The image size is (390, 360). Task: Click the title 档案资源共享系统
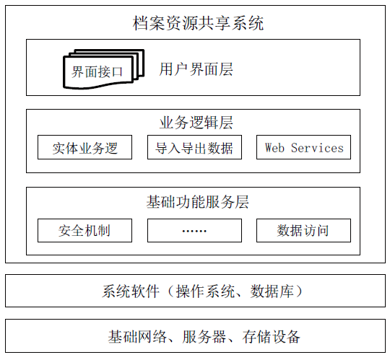tap(198, 23)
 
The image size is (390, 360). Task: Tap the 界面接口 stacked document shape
tap(104, 69)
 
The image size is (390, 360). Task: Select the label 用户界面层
tap(196, 69)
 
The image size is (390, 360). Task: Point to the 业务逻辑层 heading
tap(196, 123)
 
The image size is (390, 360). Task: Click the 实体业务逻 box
tap(84, 147)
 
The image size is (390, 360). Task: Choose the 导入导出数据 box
tap(194, 147)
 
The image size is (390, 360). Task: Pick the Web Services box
tap(303, 147)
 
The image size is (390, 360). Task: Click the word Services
tap(317, 148)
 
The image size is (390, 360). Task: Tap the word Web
tap(274, 148)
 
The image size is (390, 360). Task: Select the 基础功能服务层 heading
tap(197, 202)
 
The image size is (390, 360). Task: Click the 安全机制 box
tap(84, 230)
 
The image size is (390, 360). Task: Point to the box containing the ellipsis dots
tap(194, 230)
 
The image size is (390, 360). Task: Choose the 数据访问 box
tap(303, 230)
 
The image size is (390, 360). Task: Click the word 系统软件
tap(131, 291)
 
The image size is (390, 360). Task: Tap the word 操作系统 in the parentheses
tap(205, 291)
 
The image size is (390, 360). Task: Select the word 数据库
tap(272, 291)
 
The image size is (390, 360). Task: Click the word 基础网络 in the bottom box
tap(137, 337)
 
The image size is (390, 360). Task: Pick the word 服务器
tap(204, 337)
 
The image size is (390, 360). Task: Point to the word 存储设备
tap(271, 337)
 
